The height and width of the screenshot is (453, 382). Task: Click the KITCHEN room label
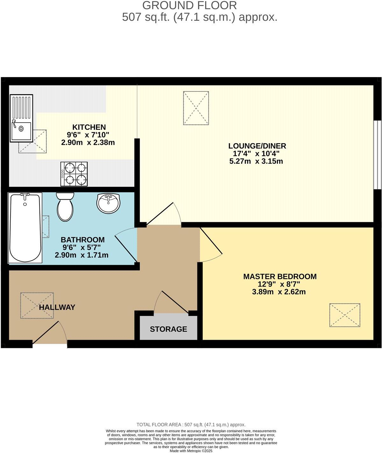[89, 127]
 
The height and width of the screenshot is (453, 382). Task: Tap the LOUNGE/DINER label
[257, 146]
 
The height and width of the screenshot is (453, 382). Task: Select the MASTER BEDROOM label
[280, 276]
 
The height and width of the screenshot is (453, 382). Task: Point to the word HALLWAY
[57, 307]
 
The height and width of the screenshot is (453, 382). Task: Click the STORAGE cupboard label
[168, 329]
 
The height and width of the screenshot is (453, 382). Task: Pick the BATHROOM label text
[82, 239]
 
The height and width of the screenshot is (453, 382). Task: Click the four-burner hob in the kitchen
[74, 174]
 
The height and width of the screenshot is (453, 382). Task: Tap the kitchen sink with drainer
[21, 118]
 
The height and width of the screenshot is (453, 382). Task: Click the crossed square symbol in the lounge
[196, 108]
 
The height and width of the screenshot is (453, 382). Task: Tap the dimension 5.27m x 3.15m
[256, 161]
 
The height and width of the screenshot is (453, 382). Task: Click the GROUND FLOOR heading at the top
[189, 5]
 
